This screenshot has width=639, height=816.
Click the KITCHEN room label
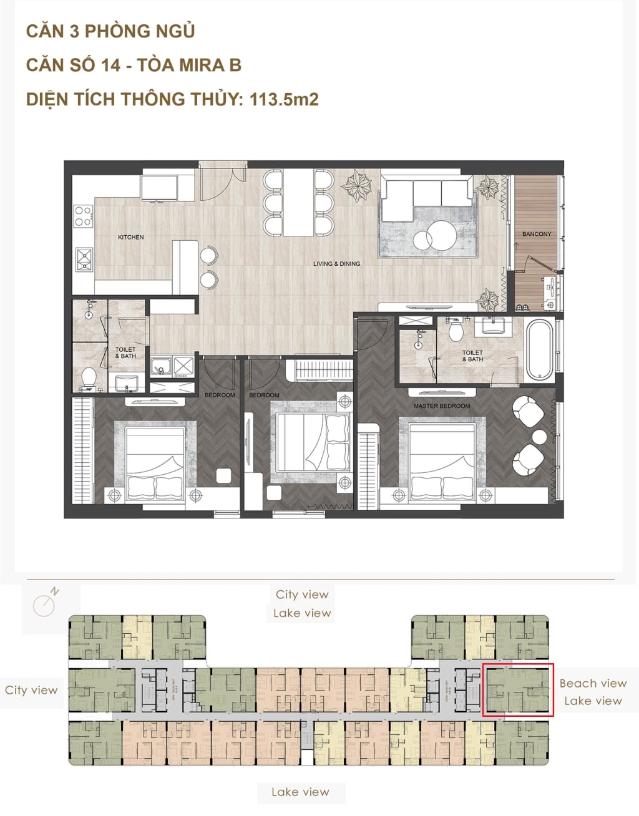pyautogui.click(x=131, y=237)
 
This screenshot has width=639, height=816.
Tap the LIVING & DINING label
pyautogui.click(x=336, y=264)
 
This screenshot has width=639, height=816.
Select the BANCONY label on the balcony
pyautogui.click(x=537, y=234)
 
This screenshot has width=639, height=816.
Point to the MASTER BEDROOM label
pyautogui.click(x=442, y=406)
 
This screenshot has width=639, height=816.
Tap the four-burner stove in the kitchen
pyautogui.click(x=83, y=216)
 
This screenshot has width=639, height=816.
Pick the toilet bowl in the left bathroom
pyautogui.click(x=89, y=377)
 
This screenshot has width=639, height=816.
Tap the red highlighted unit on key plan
pyautogui.click(x=517, y=691)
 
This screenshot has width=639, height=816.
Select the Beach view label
pyautogui.click(x=593, y=683)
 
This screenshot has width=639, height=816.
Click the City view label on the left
pyautogui.click(x=31, y=690)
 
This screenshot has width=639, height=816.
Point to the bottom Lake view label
pyautogui.click(x=300, y=792)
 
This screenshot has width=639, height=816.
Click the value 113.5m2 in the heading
pyautogui.click(x=284, y=99)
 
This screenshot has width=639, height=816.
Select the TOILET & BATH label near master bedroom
pyautogui.click(x=472, y=356)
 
